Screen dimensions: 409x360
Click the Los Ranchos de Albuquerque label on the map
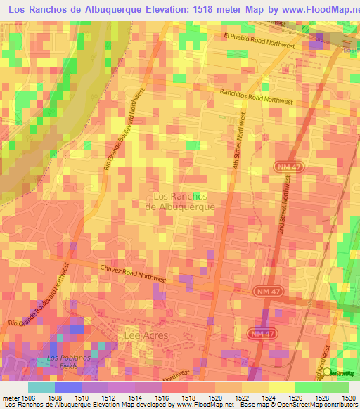179,202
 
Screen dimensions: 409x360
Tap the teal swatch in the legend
41,387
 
